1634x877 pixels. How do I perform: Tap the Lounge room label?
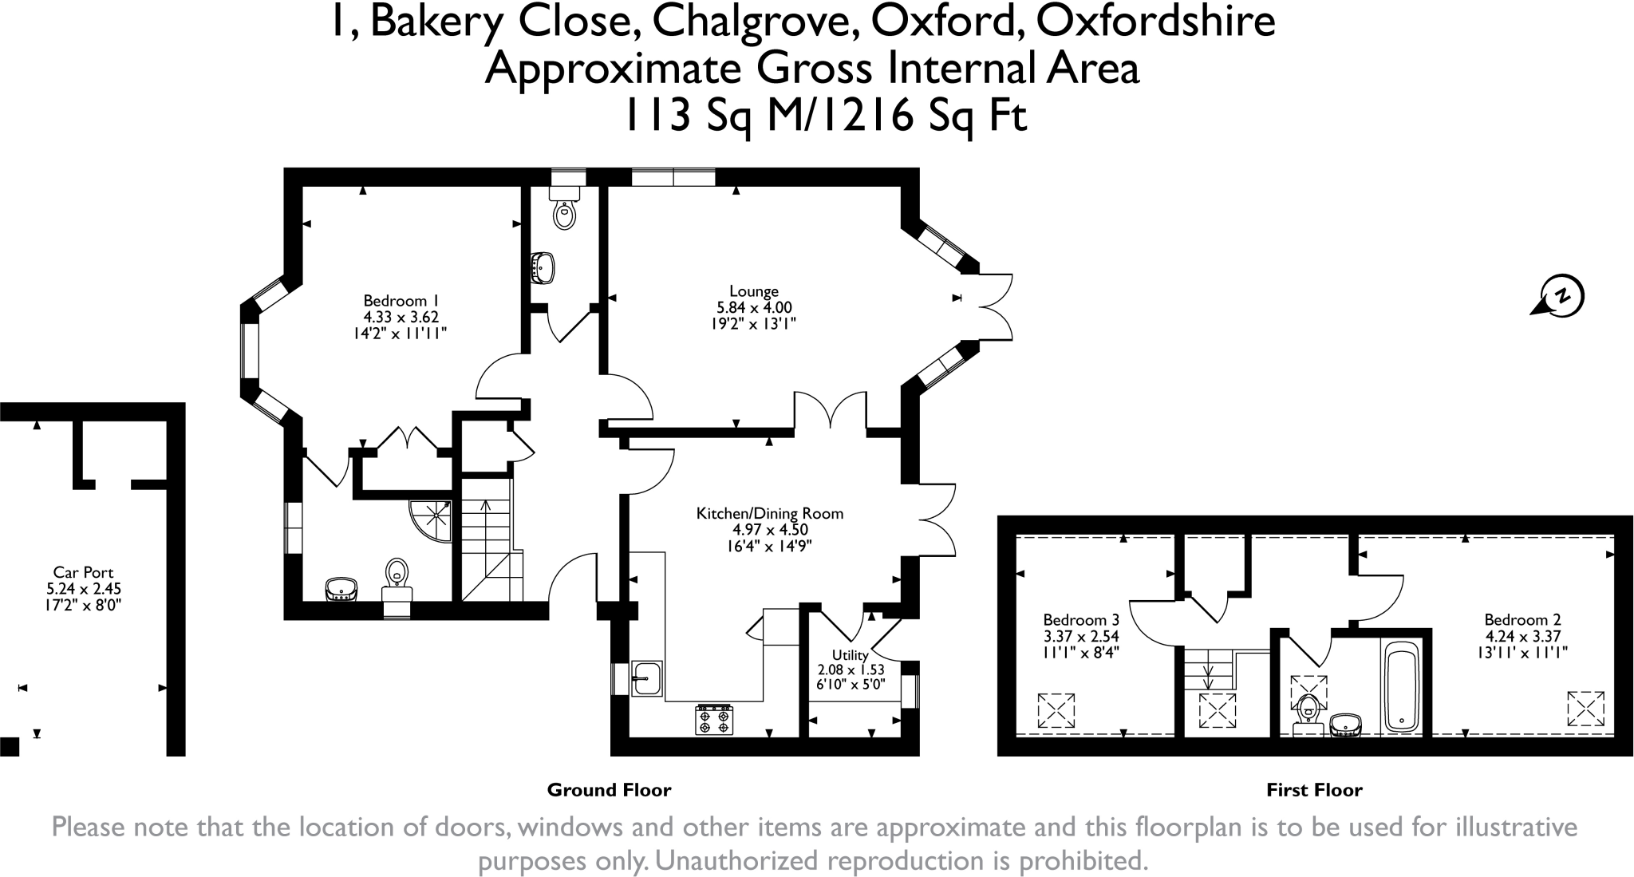[754, 291]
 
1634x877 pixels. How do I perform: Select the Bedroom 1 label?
[401, 301]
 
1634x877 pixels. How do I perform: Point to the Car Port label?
[83, 572]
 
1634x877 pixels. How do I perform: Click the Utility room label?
[851, 655]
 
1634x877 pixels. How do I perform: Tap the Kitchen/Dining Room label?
[770, 513]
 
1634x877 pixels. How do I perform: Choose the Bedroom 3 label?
[1081, 620]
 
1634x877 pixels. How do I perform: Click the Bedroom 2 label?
[1522, 619]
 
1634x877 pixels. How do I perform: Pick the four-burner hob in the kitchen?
[715, 719]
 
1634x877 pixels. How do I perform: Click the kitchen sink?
[647, 678]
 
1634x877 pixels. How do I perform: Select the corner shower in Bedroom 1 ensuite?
[430, 521]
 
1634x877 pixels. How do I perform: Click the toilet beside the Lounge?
[565, 207]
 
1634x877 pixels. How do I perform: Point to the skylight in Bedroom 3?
[1056, 710]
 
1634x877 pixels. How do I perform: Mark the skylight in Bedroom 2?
[1585, 709]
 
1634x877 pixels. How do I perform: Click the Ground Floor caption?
[609, 790]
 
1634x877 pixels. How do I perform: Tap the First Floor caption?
[1314, 790]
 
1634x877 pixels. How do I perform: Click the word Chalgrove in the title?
[756, 22]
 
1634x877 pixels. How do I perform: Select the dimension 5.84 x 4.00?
[754, 307]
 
